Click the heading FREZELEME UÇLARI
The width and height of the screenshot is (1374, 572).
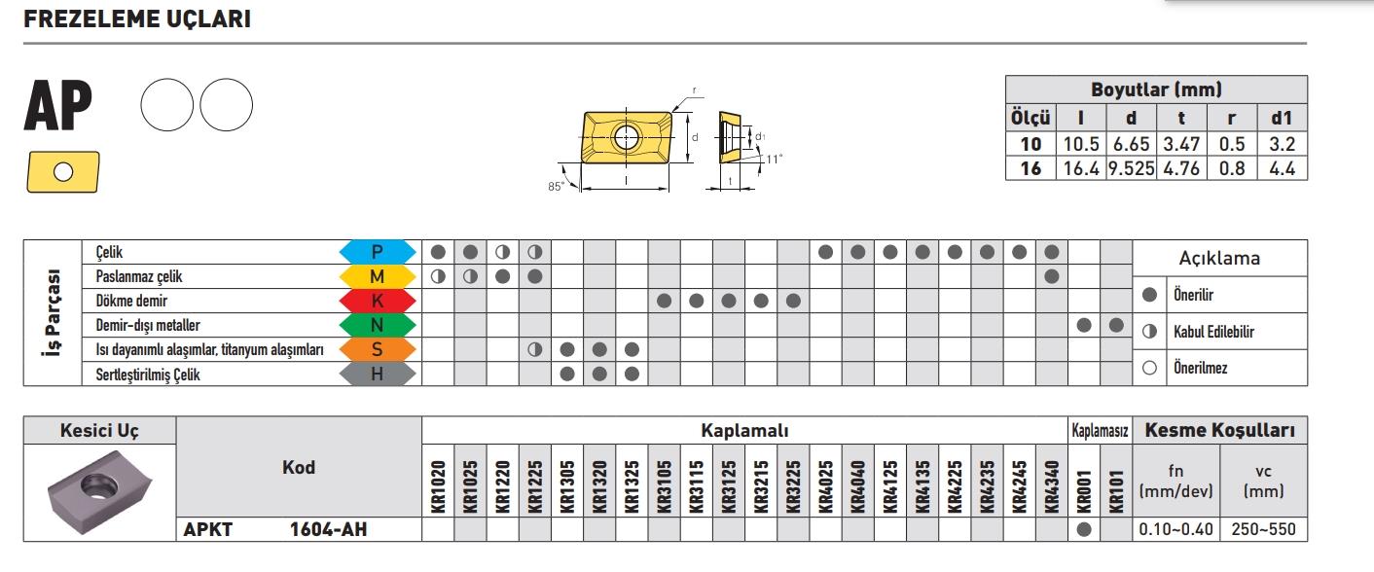pyautogui.click(x=137, y=19)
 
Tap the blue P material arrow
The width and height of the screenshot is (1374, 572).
pyautogui.click(x=377, y=252)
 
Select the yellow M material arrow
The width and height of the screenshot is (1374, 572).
pyautogui.click(x=377, y=276)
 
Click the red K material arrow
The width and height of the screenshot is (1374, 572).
pyautogui.click(x=377, y=301)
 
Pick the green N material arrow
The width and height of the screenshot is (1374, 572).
pyautogui.click(x=377, y=325)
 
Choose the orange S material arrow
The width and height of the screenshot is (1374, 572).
pyautogui.click(x=377, y=349)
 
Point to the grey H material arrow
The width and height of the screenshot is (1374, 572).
pyautogui.click(x=377, y=374)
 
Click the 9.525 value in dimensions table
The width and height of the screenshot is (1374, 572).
pyautogui.click(x=1130, y=167)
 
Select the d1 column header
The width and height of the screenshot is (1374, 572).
pyautogui.click(x=1282, y=119)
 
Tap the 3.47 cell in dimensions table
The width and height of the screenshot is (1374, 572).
pyautogui.click(x=1181, y=144)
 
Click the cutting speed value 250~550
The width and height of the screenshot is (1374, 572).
pyautogui.click(x=1264, y=530)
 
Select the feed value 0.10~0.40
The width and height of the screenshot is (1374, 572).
pyautogui.click(x=1175, y=530)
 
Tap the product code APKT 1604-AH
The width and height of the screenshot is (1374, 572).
pyautogui.click(x=276, y=530)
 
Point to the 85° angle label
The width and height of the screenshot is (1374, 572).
pyautogui.click(x=556, y=186)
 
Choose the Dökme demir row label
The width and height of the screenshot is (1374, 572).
pyautogui.click(x=131, y=301)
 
